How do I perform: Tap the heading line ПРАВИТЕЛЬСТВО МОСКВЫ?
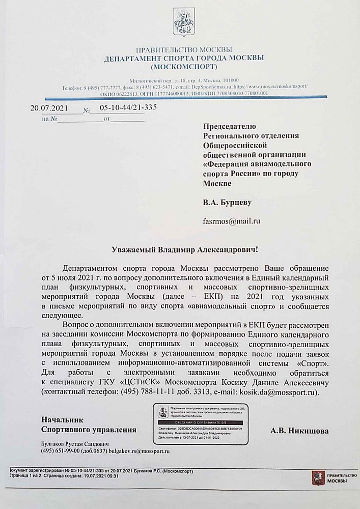click(x=184, y=50)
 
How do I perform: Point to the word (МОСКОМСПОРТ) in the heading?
click(x=184, y=67)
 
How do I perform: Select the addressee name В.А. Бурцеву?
click(x=227, y=203)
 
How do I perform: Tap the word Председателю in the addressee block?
click(x=230, y=126)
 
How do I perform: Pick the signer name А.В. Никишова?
click(x=299, y=431)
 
